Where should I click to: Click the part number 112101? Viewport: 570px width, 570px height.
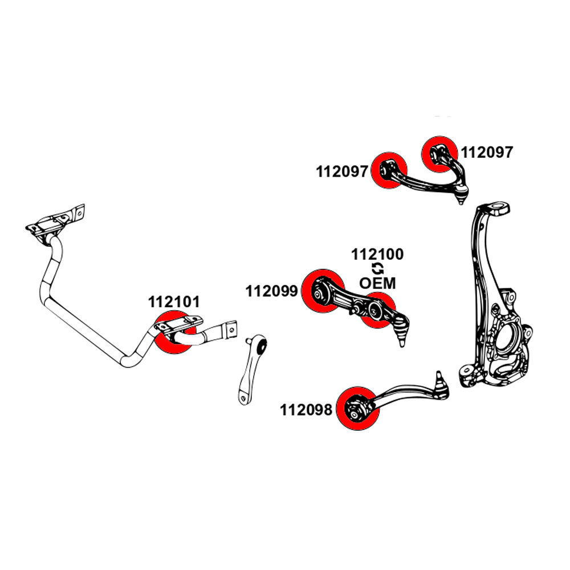[x=174, y=302]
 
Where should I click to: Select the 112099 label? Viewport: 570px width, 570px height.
[x=272, y=292]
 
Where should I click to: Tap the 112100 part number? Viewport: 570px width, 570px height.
[x=377, y=254]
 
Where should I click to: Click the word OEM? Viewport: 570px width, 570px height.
[x=377, y=283]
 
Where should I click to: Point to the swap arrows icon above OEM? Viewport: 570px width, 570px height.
[x=377, y=268]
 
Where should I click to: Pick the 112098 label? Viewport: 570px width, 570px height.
[x=306, y=410]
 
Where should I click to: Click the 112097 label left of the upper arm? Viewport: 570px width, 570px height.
[x=343, y=172]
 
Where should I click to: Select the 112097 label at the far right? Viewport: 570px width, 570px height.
[x=487, y=152]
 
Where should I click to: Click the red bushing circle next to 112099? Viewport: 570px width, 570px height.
[x=322, y=290]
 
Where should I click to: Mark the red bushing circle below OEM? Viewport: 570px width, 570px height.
[x=377, y=311]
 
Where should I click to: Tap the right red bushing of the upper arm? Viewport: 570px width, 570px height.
[x=438, y=153]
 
